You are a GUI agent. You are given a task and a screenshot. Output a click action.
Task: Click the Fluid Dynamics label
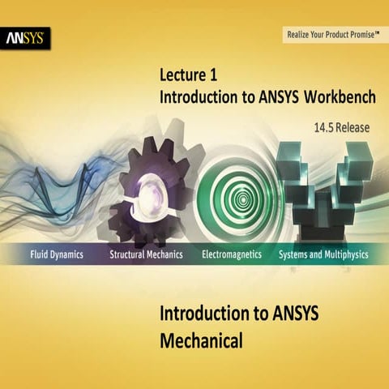pyautogui.click(x=53, y=254)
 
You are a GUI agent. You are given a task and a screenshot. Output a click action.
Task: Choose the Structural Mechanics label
pyautogui.click(x=146, y=254)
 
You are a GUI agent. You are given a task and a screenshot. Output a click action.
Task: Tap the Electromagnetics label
pyautogui.click(x=232, y=254)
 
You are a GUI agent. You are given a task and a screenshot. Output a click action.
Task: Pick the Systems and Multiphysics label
pyautogui.click(x=323, y=254)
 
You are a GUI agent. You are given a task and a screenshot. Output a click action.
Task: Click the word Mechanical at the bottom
pyautogui.click(x=201, y=341)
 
